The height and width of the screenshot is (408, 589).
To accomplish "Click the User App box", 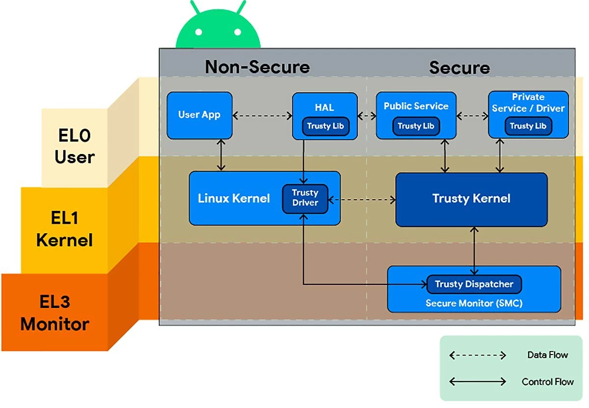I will pyautogui.click(x=199, y=115).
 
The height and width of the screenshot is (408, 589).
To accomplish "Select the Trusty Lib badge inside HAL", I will pyautogui.click(x=325, y=126).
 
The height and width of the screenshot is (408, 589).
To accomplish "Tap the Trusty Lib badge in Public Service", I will pyautogui.click(x=416, y=126).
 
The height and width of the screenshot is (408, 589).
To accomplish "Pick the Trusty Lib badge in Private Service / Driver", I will pyautogui.click(x=528, y=126).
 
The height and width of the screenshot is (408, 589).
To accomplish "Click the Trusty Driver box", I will pyautogui.click(x=305, y=198).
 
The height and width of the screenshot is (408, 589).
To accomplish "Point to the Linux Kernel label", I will pyautogui.click(x=234, y=198).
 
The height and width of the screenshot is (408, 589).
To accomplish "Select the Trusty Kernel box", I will pyautogui.click(x=471, y=199).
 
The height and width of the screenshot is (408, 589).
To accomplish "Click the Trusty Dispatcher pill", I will pyautogui.click(x=474, y=284).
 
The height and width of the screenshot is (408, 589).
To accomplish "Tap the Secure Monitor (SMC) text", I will pyautogui.click(x=474, y=303).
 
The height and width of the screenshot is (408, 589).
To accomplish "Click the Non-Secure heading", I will pyautogui.click(x=257, y=67).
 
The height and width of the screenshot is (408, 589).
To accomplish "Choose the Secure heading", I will pyautogui.click(x=459, y=67).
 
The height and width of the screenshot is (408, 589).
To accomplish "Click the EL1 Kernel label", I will pyautogui.click(x=64, y=229).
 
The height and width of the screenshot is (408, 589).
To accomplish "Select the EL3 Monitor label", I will pyautogui.click(x=55, y=313).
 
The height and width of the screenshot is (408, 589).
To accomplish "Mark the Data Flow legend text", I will pyautogui.click(x=547, y=355).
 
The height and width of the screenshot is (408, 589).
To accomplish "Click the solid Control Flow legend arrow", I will pyautogui.click(x=478, y=382).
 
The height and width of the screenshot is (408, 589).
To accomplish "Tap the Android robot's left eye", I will pyautogui.click(x=199, y=32).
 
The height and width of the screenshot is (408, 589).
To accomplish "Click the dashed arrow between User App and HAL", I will pyautogui.click(x=262, y=116).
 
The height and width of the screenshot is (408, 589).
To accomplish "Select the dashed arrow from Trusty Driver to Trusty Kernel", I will pyautogui.click(x=362, y=200).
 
